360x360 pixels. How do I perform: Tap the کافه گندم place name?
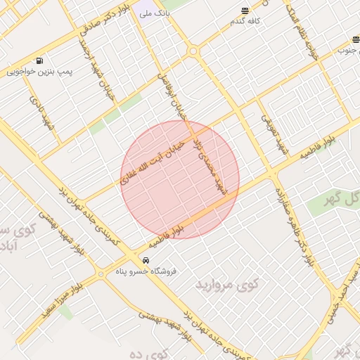(245, 21)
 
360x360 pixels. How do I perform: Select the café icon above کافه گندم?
(245, 11)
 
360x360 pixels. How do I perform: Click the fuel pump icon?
(38, 60)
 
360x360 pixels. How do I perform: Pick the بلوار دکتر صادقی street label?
(105, 22)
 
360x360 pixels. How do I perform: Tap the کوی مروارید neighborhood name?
(227, 284)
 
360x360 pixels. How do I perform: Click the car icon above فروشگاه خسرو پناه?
(146, 260)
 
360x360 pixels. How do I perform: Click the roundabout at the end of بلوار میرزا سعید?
(101, 274)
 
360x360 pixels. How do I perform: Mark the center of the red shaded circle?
(180, 179)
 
